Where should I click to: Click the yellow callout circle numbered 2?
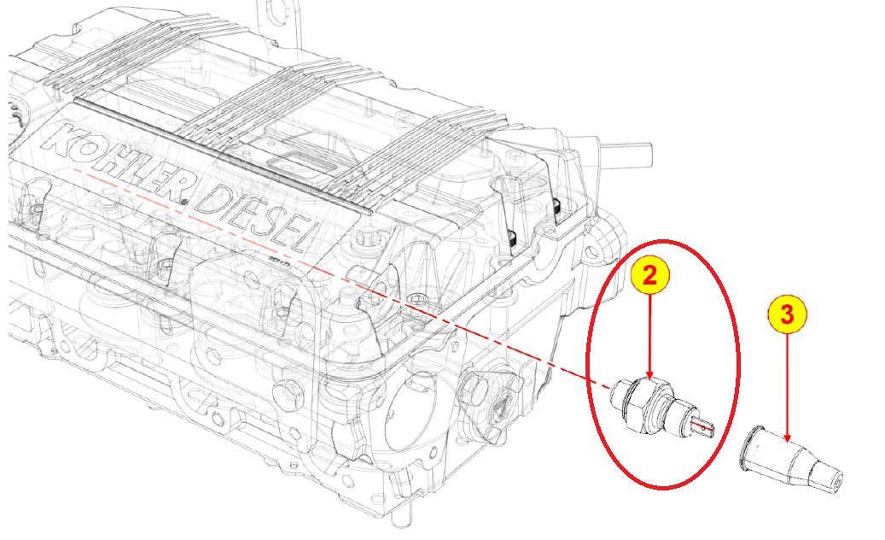pyautogui.click(x=649, y=275)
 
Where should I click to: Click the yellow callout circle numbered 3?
pyautogui.click(x=787, y=314)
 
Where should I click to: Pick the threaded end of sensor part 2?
pyautogui.click(x=620, y=391)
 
